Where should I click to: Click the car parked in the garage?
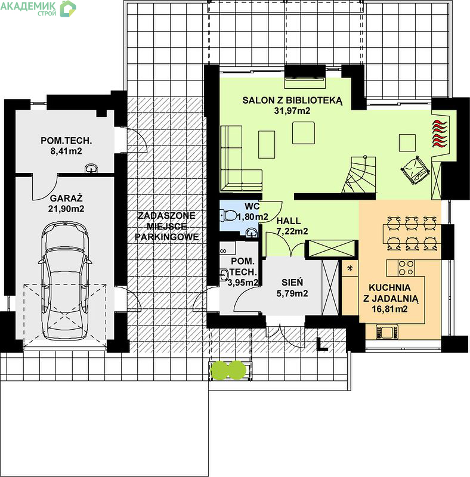coord(64,281)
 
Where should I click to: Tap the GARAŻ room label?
coord(66,199)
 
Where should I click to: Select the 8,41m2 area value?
coord(66,151)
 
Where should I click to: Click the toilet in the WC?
coord(228,215)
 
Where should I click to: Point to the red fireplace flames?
coord(440,134)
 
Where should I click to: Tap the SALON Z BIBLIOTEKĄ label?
coord(292,100)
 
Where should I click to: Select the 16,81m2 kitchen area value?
coord(389,309)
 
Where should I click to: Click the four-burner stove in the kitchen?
coord(406,268)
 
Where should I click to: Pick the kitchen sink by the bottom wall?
coord(387,332)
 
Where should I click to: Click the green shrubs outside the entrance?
coord(228,370)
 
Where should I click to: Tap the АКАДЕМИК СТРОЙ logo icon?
coord(68,8)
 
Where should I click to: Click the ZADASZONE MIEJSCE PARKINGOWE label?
coord(166,227)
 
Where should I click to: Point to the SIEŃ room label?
coord(292,282)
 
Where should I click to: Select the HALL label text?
coord(289,221)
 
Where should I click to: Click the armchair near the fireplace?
coord(415,170)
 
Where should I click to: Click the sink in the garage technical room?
coord(91,169)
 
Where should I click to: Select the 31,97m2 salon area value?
coord(292,111)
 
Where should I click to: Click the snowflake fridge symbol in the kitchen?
coord(350,268)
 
